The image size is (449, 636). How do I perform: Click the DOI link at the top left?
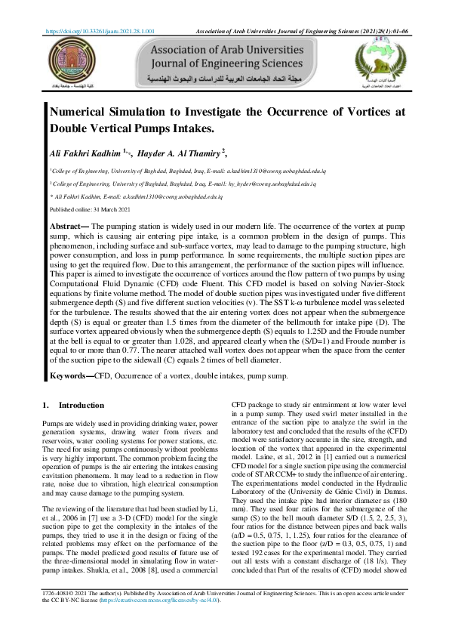click(x=101, y=32)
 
